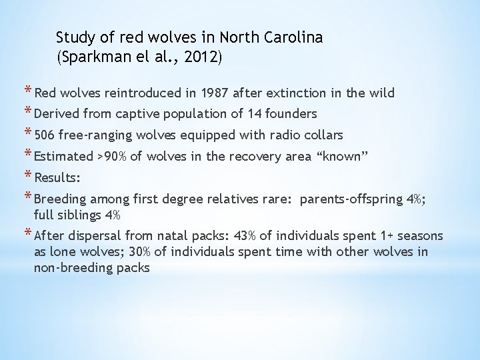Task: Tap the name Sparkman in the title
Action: click(90, 57)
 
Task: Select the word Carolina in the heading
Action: click(294, 37)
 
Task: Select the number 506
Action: click(45, 135)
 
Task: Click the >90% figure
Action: click(111, 157)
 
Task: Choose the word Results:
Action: click(57, 178)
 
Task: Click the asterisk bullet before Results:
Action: click(28, 177)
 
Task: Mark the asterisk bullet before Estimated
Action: click(28, 155)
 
